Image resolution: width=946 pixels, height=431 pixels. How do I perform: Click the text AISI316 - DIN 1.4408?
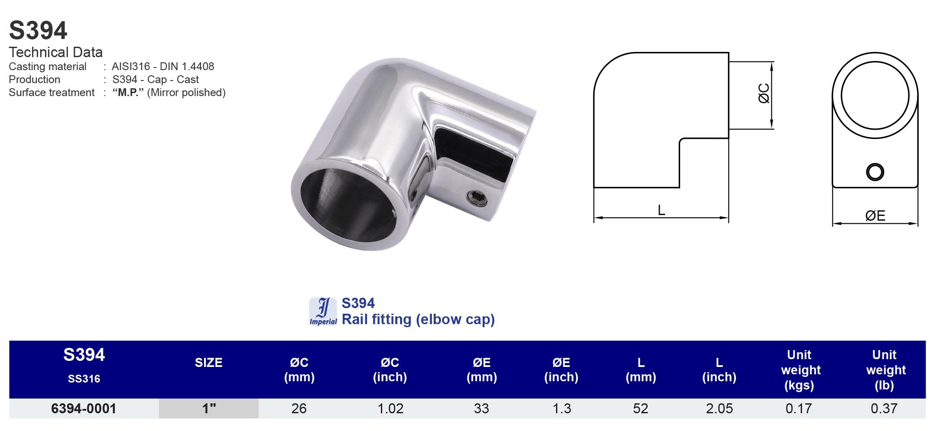(163, 66)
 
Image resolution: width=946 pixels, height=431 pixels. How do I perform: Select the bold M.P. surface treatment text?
(128, 92)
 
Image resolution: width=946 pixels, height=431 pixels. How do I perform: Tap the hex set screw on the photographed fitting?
(477, 198)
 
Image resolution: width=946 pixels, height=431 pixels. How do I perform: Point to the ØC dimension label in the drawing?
(764, 93)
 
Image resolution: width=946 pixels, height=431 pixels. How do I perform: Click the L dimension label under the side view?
(661, 210)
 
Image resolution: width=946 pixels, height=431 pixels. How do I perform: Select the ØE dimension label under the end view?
(875, 215)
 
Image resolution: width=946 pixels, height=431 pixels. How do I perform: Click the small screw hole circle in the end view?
(875, 172)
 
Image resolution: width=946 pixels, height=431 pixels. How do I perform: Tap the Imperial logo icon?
(323, 311)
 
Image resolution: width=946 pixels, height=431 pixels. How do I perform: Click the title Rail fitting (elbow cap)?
(418, 319)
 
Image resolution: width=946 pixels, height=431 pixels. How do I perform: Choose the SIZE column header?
(208, 363)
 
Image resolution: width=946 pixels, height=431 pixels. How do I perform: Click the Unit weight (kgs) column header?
(799, 370)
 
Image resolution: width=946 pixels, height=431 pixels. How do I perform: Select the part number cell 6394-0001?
(83, 408)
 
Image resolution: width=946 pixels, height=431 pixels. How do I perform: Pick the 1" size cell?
(209, 408)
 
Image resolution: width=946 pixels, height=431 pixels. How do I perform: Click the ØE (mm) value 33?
(481, 408)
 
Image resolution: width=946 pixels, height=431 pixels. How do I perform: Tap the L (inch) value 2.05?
(719, 408)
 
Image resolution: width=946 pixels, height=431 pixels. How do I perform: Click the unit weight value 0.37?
(884, 408)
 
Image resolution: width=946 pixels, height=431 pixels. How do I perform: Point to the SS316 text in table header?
(84, 379)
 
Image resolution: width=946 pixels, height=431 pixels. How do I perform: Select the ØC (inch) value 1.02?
(390, 408)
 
